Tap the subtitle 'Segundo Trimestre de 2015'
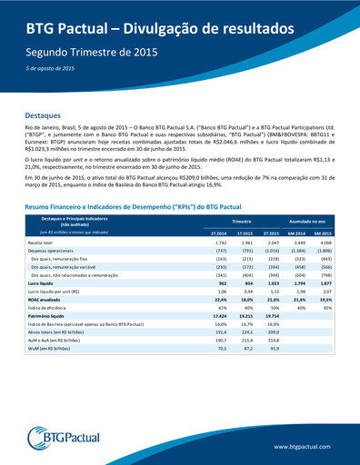click(x=85, y=52)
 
